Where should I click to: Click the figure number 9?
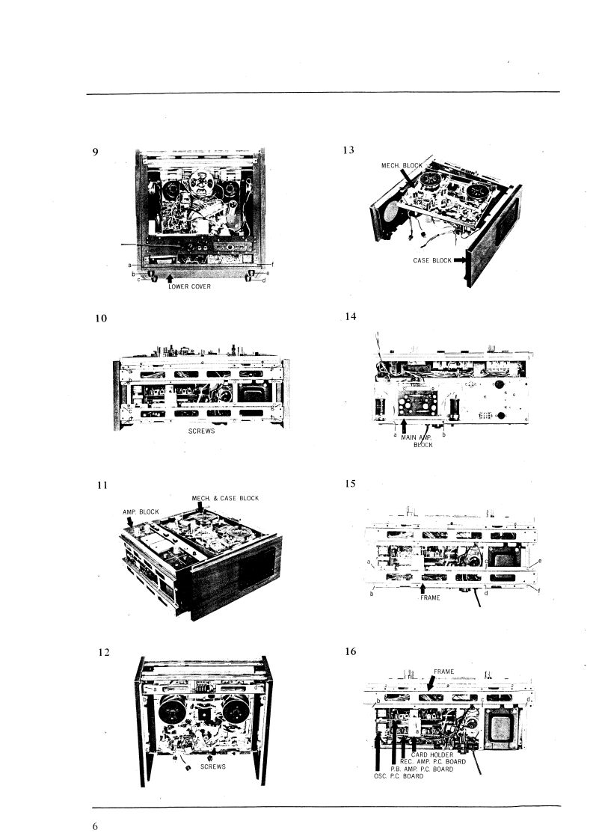(95, 152)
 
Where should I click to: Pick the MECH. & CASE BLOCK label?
(225, 498)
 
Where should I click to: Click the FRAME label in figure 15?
(431, 598)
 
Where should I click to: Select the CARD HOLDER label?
(434, 755)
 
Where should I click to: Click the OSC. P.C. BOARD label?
(398, 776)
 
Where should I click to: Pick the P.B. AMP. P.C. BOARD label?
(421, 769)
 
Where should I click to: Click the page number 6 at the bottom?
(95, 826)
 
